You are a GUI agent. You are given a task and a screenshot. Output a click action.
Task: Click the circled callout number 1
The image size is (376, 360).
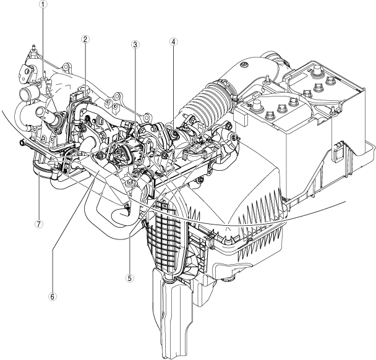[x=43, y=4]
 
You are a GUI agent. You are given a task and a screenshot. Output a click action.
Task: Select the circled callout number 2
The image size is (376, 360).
[x=85, y=40]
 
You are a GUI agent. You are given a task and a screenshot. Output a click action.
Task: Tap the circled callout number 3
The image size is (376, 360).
[x=135, y=44]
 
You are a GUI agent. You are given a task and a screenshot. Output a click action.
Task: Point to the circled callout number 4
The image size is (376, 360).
[x=173, y=41]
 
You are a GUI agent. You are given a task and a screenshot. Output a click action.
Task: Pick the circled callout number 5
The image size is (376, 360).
[x=130, y=278]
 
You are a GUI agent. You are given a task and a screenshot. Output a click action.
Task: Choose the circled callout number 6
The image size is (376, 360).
[x=53, y=296]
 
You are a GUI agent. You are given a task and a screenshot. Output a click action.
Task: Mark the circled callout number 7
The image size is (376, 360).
[x=38, y=224]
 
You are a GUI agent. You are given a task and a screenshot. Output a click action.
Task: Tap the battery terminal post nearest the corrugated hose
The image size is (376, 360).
[x=257, y=105]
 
